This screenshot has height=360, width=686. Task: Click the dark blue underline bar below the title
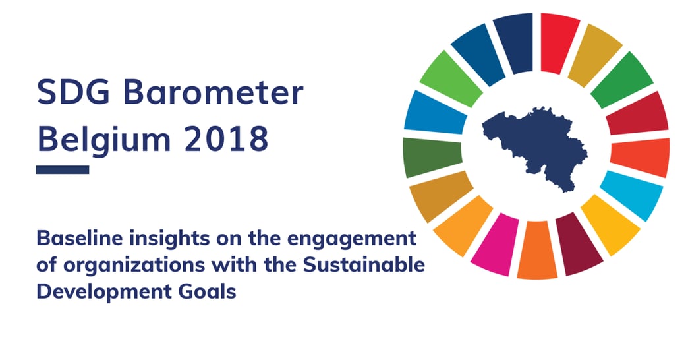[x=62, y=169]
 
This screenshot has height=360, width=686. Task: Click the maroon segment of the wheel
[x=577, y=245]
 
